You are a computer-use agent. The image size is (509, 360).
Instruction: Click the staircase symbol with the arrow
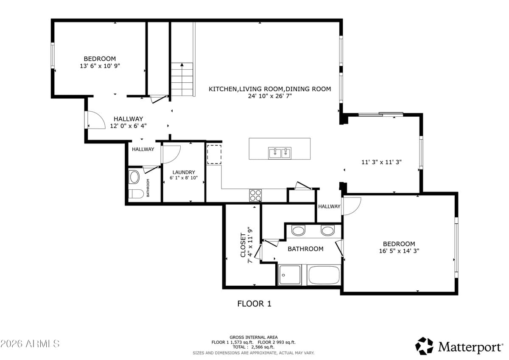(x=182, y=79)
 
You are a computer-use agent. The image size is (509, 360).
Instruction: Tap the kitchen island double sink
(x=280, y=153)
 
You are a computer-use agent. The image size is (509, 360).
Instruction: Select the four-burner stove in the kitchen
(x=255, y=195)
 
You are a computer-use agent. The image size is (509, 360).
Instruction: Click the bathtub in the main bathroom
(x=324, y=275)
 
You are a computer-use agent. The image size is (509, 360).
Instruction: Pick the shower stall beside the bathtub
(x=290, y=275)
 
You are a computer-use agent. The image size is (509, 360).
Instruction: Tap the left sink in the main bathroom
(x=299, y=231)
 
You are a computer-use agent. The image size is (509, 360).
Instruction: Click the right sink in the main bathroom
(x=327, y=231)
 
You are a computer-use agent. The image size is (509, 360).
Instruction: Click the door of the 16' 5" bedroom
(x=352, y=205)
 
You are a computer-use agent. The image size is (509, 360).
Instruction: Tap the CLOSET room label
(x=243, y=245)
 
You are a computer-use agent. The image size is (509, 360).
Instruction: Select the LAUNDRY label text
(x=184, y=172)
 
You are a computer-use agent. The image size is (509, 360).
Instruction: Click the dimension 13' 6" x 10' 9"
(x=100, y=66)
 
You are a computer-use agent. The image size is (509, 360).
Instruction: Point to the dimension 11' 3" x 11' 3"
(x=381, y=162)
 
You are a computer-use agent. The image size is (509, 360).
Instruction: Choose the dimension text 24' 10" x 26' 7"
(x=270, y=96)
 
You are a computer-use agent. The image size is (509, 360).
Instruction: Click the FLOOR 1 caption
(x=254, y=304)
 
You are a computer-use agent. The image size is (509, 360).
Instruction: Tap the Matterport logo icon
(x=424, y=346)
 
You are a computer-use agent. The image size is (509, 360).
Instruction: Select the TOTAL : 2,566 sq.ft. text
(x=254, y=347)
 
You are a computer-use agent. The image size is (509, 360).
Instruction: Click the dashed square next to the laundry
(x=214, y=154)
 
